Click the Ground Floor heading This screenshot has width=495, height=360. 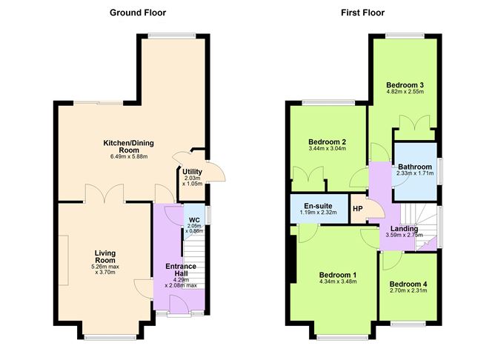(138, 13)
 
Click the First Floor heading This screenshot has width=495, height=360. (362, 13)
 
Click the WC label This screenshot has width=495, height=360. (195, 219)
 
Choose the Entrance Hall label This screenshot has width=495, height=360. (181, 270)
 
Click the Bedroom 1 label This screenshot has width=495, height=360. (337, 274)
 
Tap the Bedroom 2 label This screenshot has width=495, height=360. (327, 141)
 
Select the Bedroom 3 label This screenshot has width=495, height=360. (405, 86)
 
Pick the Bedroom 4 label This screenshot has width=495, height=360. (408, 284)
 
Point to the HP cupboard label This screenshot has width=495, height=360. (357, 209)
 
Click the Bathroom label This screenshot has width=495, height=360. (414, 167)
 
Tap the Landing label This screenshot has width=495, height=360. (400, 229)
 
